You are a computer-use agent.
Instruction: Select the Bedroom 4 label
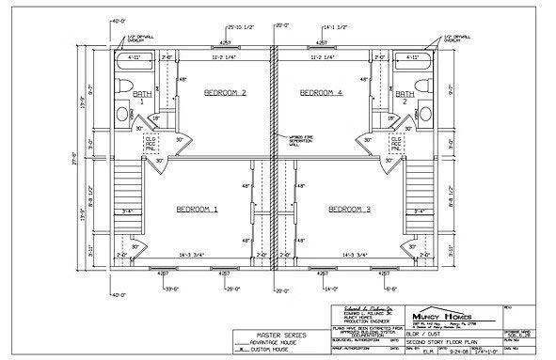click(x=320, y=93)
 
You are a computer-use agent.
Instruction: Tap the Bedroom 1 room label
click(x=196, y=210)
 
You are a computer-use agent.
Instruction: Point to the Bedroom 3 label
click(x=349, y=210)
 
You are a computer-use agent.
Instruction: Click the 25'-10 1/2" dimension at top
click(x=240, y=28)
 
